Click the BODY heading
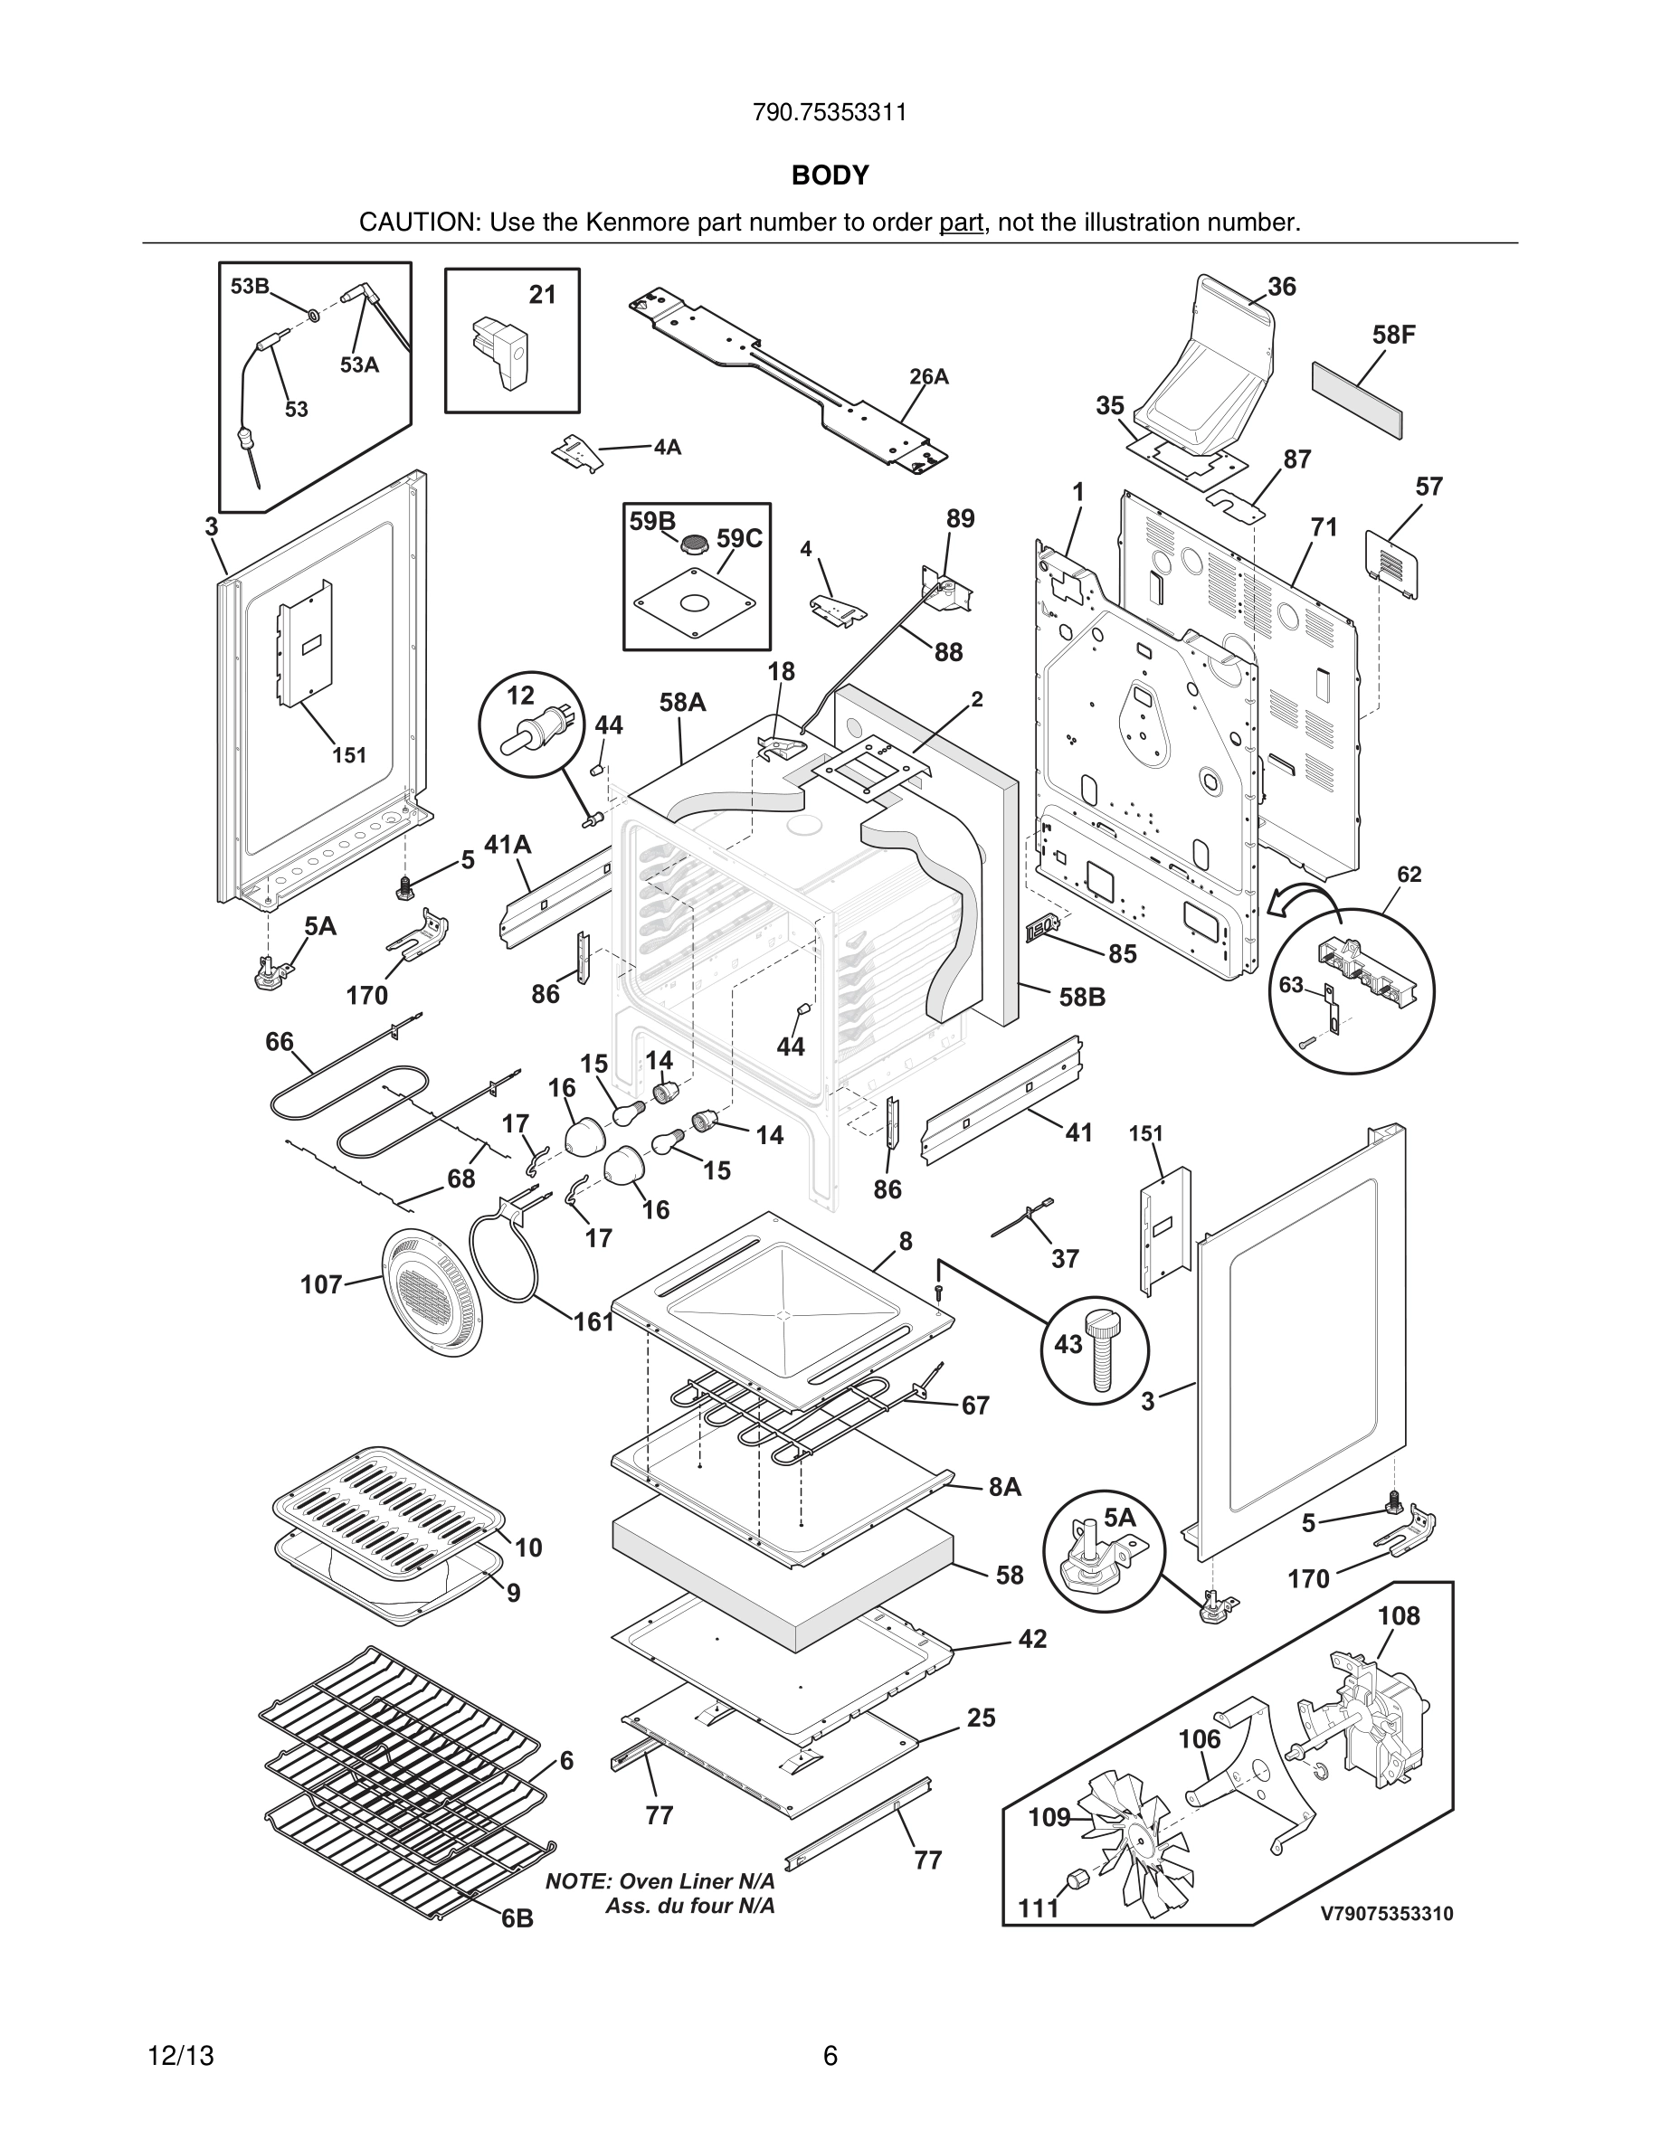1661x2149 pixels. (x=830, y=175)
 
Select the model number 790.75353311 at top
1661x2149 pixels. (x=830, y=112)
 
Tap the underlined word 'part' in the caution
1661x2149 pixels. (x=961, y=222)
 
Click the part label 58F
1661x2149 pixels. (x=1393, y=335)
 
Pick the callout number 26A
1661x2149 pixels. (x=929, y=377)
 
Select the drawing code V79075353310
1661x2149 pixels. (x=1385, y=1914)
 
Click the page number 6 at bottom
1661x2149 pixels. (x=830, y=2056)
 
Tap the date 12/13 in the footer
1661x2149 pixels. (x=180, y=2056)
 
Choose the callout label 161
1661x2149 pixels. (x=594, y=1321)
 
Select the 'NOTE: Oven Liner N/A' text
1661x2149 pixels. (x=660, y=1881)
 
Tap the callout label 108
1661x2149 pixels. (x=1399, y=1615)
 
